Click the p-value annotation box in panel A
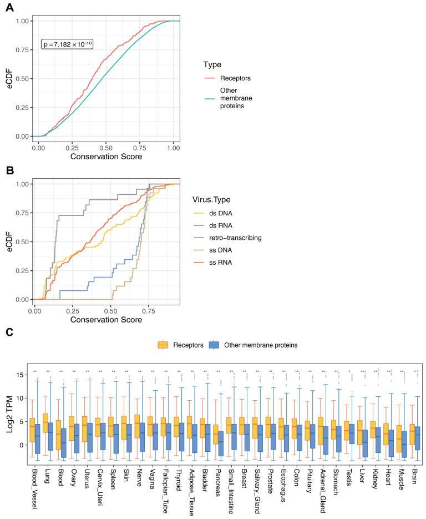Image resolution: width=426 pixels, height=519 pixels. point(67,44)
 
